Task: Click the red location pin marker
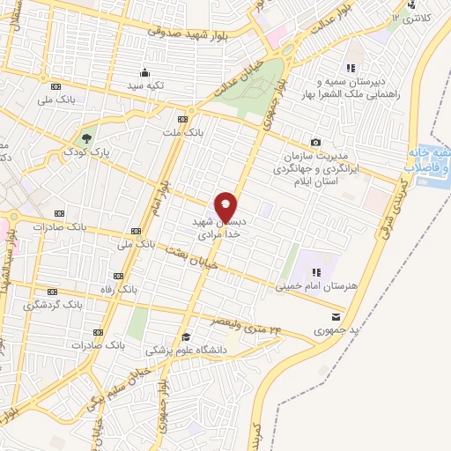tap(226, 206)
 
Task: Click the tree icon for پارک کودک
tap(86, 137)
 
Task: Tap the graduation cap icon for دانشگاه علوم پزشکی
tap(186, 336)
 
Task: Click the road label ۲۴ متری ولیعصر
tap(246, 324)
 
